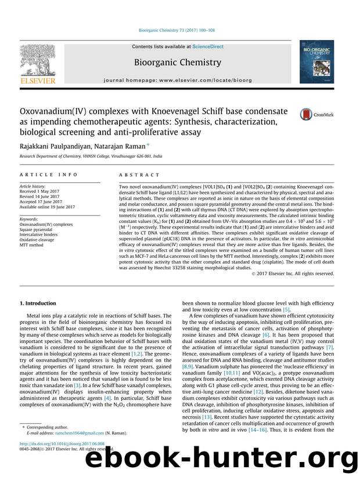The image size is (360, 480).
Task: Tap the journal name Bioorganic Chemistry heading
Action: click(x=177, y=62)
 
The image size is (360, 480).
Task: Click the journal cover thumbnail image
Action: click(x=316, y=64)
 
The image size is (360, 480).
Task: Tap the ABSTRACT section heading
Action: click(x=139, y=175)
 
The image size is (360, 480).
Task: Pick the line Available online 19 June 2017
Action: click(x=47, y=207)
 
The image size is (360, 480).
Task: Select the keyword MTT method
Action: click(x=32, y=245)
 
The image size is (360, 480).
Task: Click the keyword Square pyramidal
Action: click(x=38, y=229)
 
